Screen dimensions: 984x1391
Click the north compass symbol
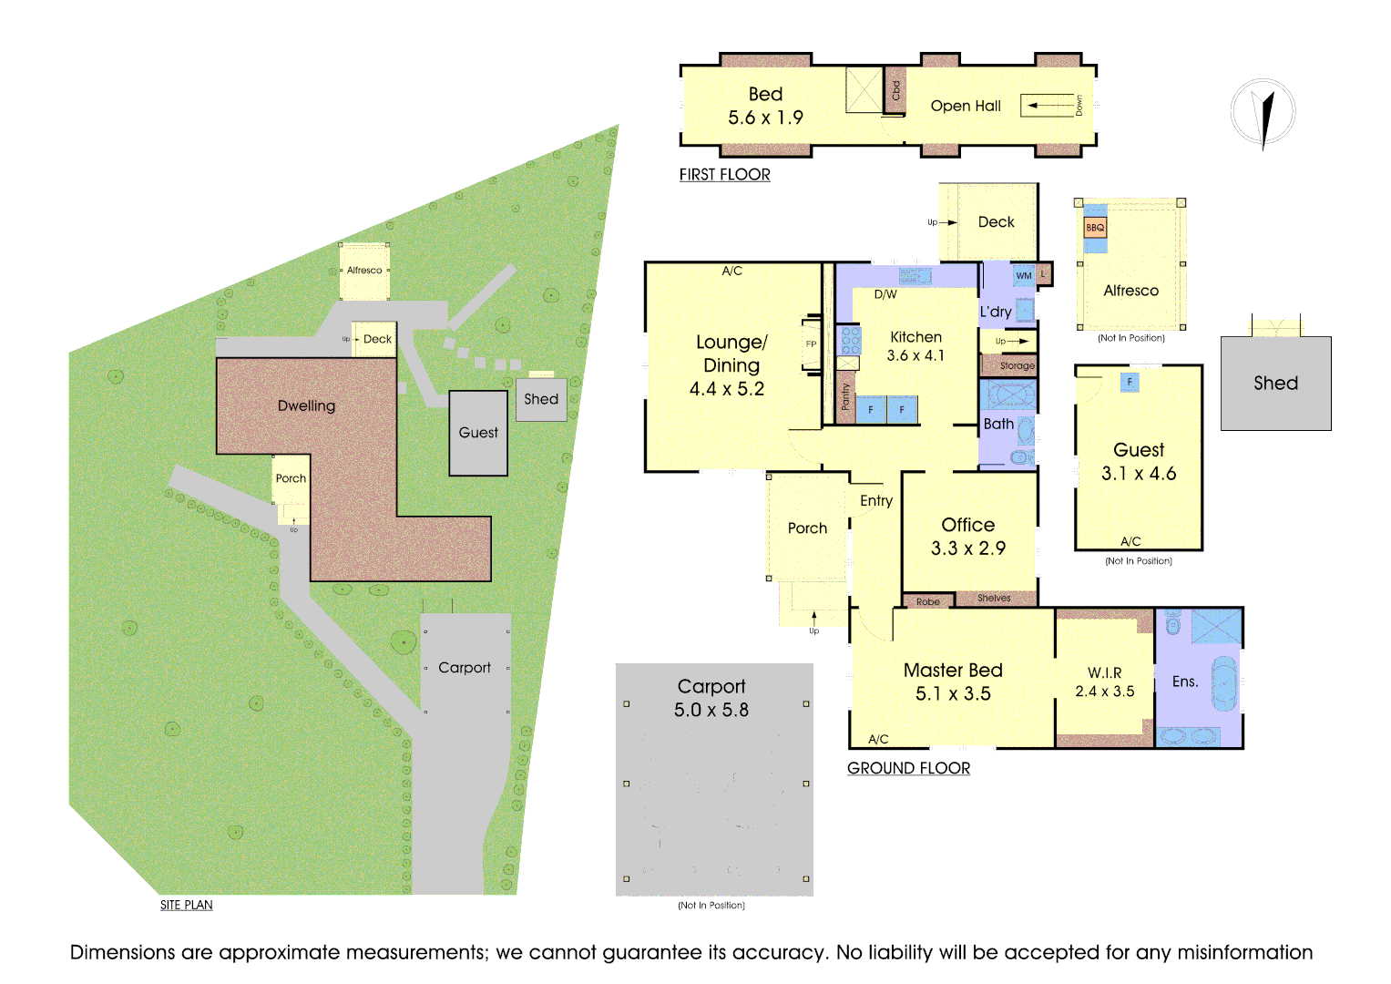[1263, 113]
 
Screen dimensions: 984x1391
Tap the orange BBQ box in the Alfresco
[1095, 228]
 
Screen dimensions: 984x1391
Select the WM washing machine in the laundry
[1024, 275]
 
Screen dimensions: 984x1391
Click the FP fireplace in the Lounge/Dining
[811, 344]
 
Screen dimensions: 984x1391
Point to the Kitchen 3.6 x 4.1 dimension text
[915, 356]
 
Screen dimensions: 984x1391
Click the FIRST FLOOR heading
[724, 175]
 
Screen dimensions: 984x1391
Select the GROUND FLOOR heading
[908, 768]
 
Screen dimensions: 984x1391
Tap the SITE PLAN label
[186, 905]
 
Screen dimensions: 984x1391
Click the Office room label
[967, 525]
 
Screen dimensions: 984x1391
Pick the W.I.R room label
[1104, 672]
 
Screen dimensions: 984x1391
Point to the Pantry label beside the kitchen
[845, 396]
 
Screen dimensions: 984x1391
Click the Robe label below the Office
[927, 601]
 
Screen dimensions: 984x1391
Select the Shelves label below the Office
[994, 599]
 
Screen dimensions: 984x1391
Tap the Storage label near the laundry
[1017, 365]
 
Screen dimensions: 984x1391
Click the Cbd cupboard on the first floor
[895, 90]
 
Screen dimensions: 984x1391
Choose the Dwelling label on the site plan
[306, 405]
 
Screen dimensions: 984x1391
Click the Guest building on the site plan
[478, 433]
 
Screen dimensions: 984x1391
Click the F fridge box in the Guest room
[1130, 383]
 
